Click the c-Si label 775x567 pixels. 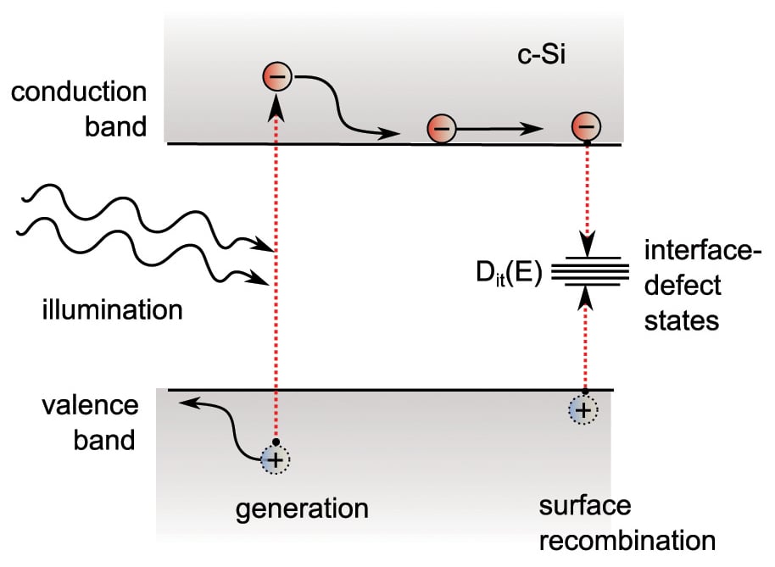[541, 54]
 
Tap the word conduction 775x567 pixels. [79, 92]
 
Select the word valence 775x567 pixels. [91, 405]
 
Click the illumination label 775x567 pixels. [113, 310]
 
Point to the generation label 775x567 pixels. [302, 509]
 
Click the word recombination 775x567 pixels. [627, 541]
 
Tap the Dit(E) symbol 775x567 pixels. [509, 272]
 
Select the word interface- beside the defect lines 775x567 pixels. [703, 250]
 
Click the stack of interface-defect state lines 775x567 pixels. [590, 271]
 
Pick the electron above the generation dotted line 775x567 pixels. [277, 76]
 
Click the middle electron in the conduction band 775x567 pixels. [442, 129]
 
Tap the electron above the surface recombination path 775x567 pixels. [586, 126]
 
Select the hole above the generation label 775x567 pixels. [276, 460]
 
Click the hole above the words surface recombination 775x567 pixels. [583, 410]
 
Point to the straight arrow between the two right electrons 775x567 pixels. [499, 129]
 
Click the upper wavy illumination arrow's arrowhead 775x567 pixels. [262, 245]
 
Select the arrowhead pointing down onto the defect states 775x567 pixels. [588, 243]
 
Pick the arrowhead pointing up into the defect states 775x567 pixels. [586, 298]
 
